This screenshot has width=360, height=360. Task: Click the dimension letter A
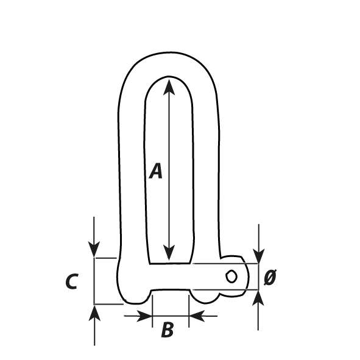point(156,171)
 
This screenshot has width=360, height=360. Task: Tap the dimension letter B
point(168,330)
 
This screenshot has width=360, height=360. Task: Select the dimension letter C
point(72,281)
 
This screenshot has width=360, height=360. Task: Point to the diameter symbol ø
point(270,277)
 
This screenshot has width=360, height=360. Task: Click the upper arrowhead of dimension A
point(169,86)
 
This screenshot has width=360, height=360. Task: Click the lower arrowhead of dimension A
point(169,253)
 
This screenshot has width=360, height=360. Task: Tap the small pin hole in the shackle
point(231,276)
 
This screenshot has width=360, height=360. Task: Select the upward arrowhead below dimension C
point(94,313)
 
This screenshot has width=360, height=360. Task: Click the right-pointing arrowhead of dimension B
point(144,316)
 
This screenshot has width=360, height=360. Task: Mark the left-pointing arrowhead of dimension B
point(197,316)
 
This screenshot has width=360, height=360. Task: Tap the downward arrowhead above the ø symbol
point(259,256)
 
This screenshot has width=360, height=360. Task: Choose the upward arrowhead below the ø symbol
point(258,298)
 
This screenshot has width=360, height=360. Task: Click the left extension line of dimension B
point(152,311)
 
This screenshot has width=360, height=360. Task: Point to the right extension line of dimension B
point(189,311)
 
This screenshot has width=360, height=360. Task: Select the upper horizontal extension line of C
point(105,258)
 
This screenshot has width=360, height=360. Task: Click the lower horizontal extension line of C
point(109,305)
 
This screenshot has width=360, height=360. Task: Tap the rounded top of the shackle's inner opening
point(169,77)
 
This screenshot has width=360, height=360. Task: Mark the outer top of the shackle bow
point(169,52)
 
